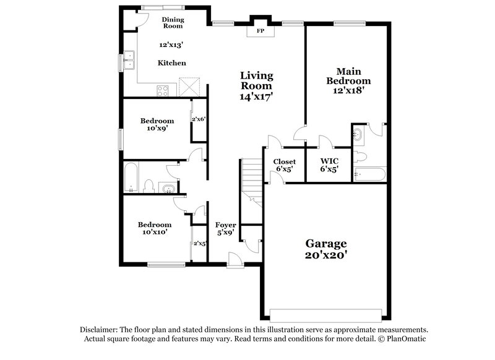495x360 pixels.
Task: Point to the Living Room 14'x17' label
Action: click(256, 86)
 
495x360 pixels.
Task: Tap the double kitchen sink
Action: click(130, 61)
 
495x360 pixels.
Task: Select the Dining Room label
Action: click(173, 23)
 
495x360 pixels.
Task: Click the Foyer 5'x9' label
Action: click(223, 229)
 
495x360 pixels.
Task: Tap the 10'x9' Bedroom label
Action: click(157, 125)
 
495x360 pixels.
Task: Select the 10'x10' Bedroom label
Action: click(155, 228)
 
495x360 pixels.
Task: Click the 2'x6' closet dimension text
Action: click(198, 119)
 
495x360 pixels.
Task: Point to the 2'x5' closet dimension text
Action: click(199, 244)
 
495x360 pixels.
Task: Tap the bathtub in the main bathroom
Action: click(370, 175)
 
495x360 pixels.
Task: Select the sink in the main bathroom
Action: click(358, 133)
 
